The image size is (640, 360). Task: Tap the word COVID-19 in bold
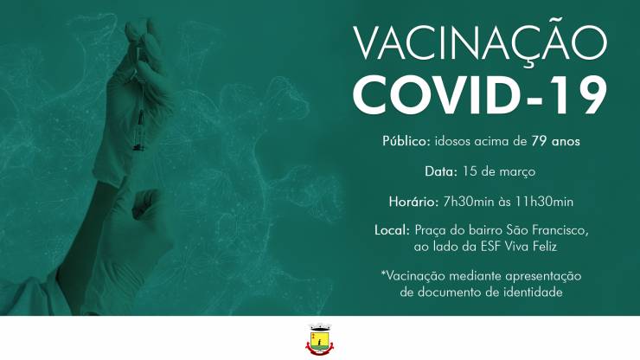pos(480,95)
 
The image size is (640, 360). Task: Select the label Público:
pos(406,141)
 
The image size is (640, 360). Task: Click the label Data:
pos(441,171)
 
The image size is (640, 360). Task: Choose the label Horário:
pos(413,202)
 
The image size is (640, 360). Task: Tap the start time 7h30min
pos(469,202)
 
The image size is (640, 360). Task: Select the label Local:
pos(392,230)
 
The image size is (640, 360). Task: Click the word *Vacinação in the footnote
pos(413,276)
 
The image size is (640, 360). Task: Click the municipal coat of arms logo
pos(320,339)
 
